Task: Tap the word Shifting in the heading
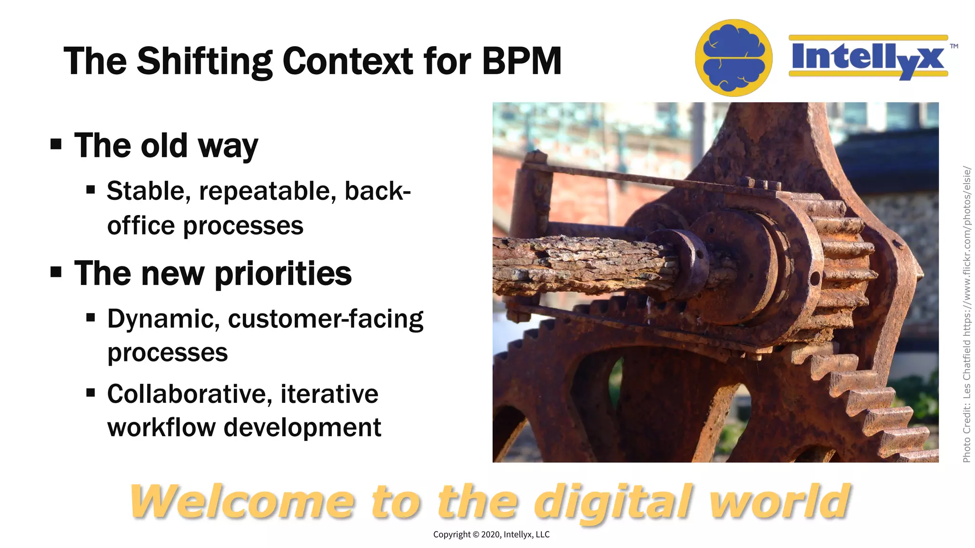(x=204, y=62)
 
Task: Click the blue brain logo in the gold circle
(x=733, y=58)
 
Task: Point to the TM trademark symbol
(x=954, y=46)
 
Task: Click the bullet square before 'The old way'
(x=56, y=144)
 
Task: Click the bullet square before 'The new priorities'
(x=56, y=272)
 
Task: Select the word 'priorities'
(x=283, y=274)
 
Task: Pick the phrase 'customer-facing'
(x=326, y=319)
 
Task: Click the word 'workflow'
(x=161, y=427)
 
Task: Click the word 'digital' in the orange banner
(x=612, y=501)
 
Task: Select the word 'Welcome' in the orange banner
(x=242, y=501)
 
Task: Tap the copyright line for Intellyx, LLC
(x=491, y=534)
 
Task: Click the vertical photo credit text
(x=966, y=314)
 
